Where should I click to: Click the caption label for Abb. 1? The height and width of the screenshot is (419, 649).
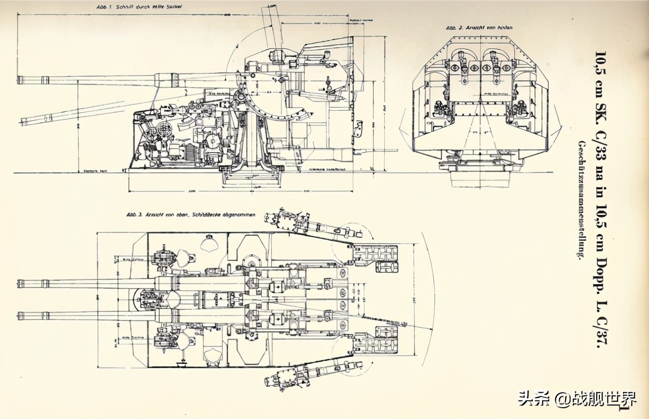[x=139, y=7]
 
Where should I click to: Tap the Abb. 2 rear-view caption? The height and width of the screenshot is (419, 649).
[x=479, y=28]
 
